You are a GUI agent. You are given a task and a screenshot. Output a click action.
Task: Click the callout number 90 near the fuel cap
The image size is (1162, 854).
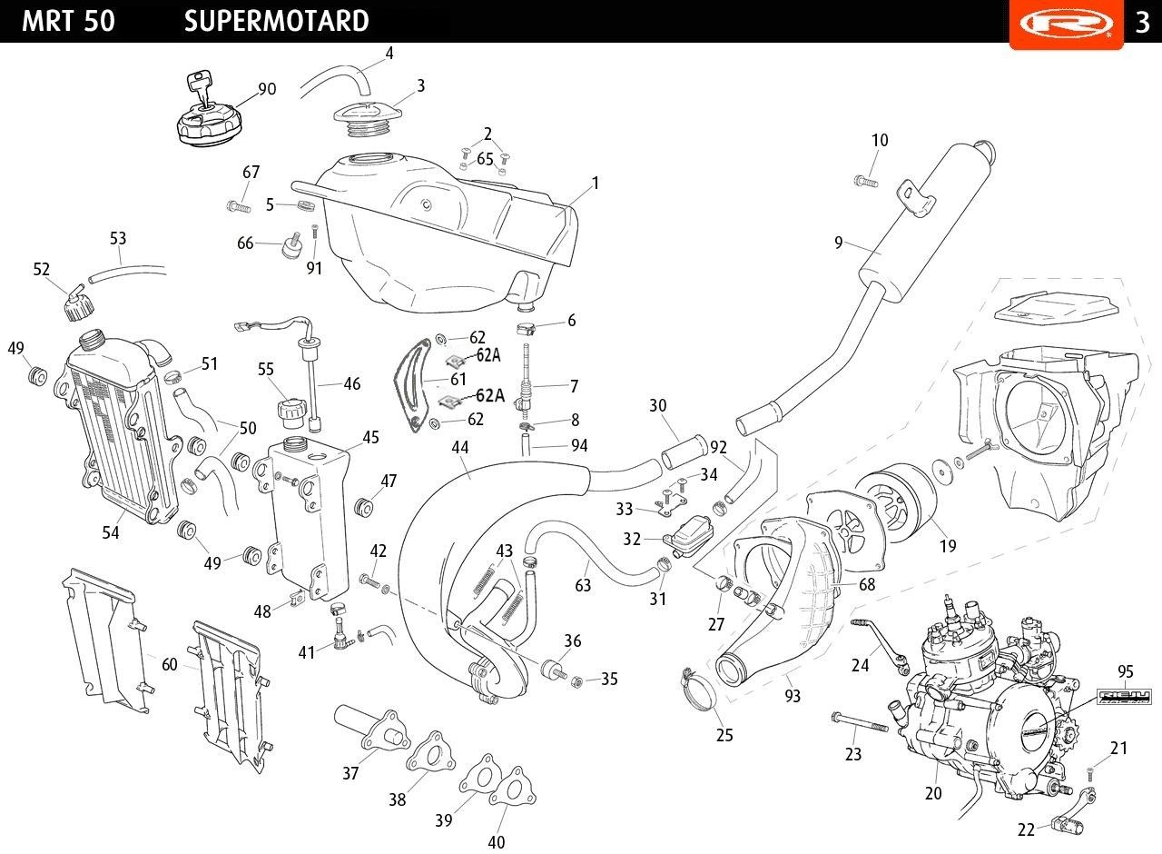click(x=267, y=89)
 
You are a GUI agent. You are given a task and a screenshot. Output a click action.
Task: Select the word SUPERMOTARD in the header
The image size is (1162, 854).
click(x=276, y=21)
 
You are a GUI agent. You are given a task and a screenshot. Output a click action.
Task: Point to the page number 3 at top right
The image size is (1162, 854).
click(x=1143, y=22)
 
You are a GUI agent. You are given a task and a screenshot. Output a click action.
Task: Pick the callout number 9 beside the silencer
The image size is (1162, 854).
click(x=839, y=243)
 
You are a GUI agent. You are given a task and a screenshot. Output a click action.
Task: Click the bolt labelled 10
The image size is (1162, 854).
click(x=865, y=181)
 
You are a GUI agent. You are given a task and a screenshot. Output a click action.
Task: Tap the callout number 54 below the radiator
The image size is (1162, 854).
click(x=111, y=533)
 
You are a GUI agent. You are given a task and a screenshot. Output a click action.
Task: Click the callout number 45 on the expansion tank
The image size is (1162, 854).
click(x=370, y=438)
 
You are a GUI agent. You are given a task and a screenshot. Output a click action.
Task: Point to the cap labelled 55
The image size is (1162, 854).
click(x=292, y=412)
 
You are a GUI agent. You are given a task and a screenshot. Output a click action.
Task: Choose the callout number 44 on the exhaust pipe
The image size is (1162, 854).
click(x=460, y=447)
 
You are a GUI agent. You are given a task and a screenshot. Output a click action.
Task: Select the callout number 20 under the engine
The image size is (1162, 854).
click(x=933, y=793)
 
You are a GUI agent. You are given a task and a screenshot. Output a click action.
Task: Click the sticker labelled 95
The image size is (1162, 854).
click(x=1125, y=697)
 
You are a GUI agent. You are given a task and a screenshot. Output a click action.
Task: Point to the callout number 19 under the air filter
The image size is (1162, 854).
click(x=948, y=546)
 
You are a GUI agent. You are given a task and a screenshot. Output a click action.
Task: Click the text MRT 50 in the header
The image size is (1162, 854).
click(x=68, y=21)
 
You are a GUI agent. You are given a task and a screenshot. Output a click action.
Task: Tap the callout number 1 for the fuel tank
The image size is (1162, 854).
click(x=596, y=184)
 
